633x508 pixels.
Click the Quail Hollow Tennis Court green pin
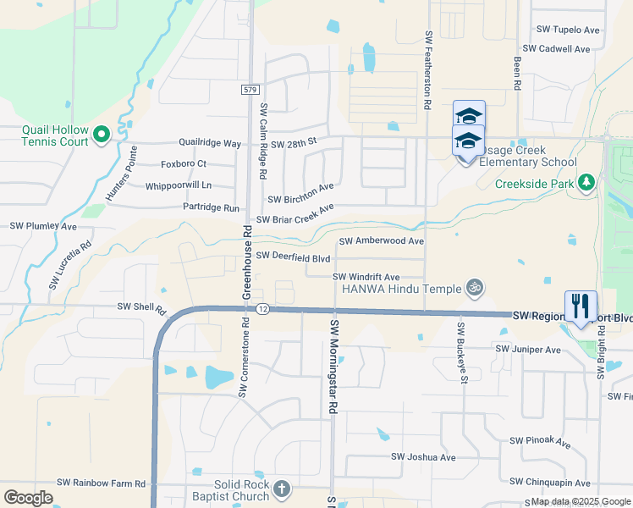click(101, 134)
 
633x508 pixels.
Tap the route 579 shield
click(247, 89)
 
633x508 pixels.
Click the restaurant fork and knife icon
click(581, 306)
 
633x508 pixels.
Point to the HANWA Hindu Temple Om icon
click(476, 288)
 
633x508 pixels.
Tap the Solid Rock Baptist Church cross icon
click(282, 489)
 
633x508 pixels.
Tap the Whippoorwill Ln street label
click(179, 185)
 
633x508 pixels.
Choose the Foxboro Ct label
click(184, 163)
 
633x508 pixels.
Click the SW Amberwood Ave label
click(382, 241)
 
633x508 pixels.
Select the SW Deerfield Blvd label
click(293, 255)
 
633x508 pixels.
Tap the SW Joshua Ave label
click(423, 457)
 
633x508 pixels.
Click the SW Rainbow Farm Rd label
click(102, 483)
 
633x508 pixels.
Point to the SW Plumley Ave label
click(43, 227)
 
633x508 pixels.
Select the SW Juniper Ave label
click(529, 349)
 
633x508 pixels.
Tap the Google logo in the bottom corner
click(29, 498)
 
